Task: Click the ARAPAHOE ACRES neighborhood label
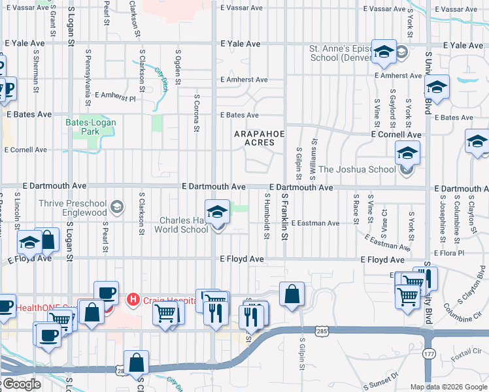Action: coord(260,138)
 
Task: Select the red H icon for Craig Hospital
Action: coord(133,300)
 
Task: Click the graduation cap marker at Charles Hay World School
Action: coord(217,212)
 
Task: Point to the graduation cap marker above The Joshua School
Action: coord(408,153)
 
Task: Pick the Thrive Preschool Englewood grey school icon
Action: coord(117,208)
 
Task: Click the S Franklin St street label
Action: coord(284,216)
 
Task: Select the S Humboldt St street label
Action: coord(267,216)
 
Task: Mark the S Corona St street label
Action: coord(195,112)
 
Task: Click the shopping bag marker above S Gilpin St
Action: coord(292,294)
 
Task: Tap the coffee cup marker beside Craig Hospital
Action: coord(106,293)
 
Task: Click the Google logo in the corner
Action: coord(21,384)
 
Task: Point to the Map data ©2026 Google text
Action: coord(447,387)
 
